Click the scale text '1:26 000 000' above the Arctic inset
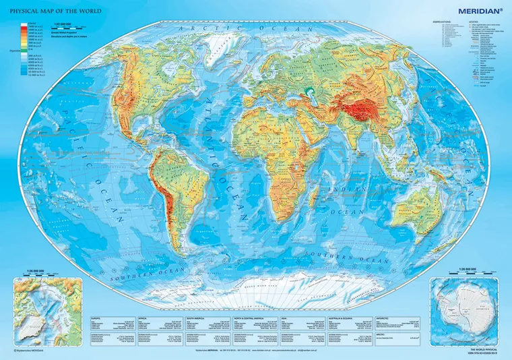(31, 271)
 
